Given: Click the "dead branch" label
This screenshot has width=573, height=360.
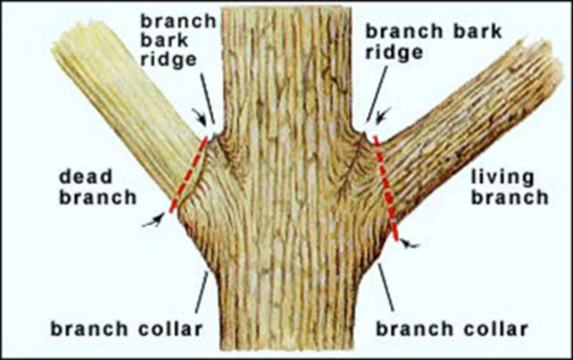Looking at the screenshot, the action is click(98, 188).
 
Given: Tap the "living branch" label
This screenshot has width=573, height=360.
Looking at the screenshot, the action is click(510, 188).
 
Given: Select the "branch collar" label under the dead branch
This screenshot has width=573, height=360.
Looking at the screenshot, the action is click(127, 329).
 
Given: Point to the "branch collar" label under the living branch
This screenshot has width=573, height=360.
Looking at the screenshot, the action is click(452, 329).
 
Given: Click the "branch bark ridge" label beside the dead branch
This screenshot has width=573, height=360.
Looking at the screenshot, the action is click(178, 41).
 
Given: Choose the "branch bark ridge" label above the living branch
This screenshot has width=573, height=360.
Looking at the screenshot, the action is click(434, 41).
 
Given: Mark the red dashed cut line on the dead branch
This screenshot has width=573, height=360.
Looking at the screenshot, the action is click(189, 174).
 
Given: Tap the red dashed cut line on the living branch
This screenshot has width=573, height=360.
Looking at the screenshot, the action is click(386, 188).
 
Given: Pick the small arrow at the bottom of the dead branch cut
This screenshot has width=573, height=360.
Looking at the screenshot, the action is click(154, 221).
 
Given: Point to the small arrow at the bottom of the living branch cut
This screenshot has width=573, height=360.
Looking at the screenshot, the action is click(409, 244).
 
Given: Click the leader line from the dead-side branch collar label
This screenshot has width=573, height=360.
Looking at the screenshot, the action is click(201, 292).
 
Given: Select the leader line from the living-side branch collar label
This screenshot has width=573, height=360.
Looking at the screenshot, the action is click(386, 288).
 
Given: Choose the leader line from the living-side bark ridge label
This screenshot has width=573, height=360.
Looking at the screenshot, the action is click(376, 94).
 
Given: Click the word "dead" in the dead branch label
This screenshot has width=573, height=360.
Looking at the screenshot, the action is click(85, 178).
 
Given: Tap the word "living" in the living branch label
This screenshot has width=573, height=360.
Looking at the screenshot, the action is click(502, 178).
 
